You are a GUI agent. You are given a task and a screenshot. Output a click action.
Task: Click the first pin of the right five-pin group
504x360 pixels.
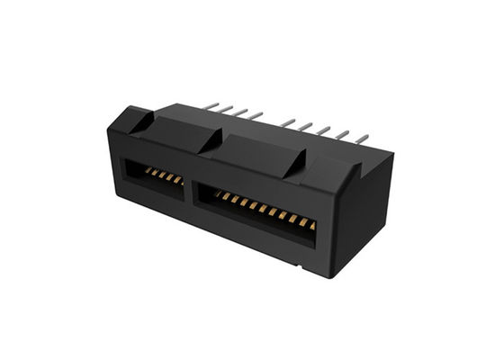[x=287, y=121]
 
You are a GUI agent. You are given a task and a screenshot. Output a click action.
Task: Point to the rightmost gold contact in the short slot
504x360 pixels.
[x=178, y=180]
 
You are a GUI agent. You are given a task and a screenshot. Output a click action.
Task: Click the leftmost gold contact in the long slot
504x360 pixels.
[x=216, y=193]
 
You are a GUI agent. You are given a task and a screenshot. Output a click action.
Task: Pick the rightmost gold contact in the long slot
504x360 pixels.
[x=311, y=225]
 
